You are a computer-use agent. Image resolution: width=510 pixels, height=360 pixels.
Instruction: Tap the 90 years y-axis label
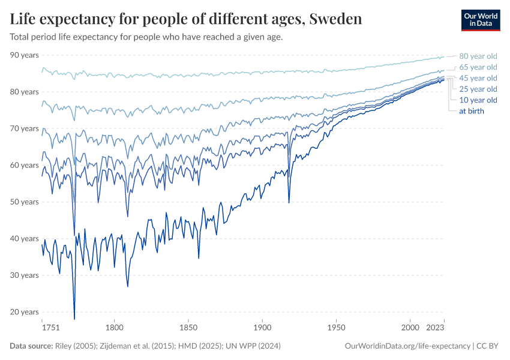pos(25,55)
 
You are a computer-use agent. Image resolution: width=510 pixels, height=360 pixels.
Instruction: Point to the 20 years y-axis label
pos(25,312)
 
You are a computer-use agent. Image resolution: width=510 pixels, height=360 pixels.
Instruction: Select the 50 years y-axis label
pos(25,202)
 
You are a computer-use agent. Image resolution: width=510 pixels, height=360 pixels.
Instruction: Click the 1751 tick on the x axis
pos(50,328)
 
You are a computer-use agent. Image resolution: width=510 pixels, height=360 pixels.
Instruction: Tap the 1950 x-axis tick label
pos(337,328)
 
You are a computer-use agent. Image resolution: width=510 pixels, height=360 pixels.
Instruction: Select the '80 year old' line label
pos(478,56)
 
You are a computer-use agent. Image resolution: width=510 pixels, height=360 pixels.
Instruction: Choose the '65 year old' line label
pos(478,67)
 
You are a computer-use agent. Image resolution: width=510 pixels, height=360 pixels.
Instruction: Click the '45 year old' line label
pos(478,78)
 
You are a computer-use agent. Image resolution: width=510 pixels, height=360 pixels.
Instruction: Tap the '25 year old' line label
pos(478,89)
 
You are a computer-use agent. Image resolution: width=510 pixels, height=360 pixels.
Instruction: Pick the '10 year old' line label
pos(478,100)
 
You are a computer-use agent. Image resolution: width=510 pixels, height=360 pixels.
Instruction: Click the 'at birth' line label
pos(472,111)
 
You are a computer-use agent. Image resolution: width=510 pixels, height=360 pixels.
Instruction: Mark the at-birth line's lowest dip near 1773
pos(74,319)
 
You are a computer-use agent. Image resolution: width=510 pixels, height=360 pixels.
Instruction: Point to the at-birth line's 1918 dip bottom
pos(289,203)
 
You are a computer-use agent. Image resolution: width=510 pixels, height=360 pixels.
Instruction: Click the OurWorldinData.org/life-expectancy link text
pos(408,346)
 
